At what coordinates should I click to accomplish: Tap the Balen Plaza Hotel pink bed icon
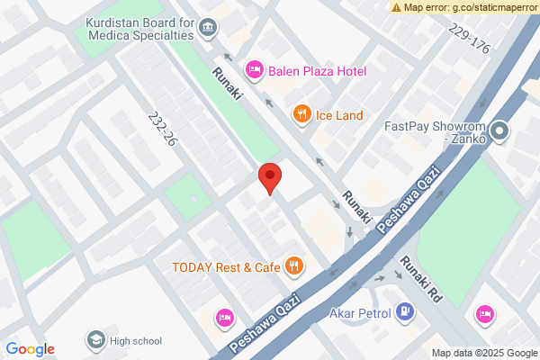[x=255, y=69]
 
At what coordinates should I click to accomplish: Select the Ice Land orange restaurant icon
[x=301, y=113]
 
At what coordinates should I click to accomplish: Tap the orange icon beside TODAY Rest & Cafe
[x=293, y=265]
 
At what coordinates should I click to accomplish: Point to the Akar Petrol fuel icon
[x=406, y=313]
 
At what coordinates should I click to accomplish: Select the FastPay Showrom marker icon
[x=501, y=133]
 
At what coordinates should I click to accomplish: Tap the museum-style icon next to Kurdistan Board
[x=209, y=28]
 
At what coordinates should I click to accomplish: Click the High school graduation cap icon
[x=94, y=339]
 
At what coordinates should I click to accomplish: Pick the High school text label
[x=136, y=340]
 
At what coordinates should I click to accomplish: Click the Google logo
[x=30, y=349]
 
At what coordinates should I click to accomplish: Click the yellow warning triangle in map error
[x=397, y=6]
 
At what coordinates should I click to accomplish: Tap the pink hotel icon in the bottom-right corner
[x=485, y=313]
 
